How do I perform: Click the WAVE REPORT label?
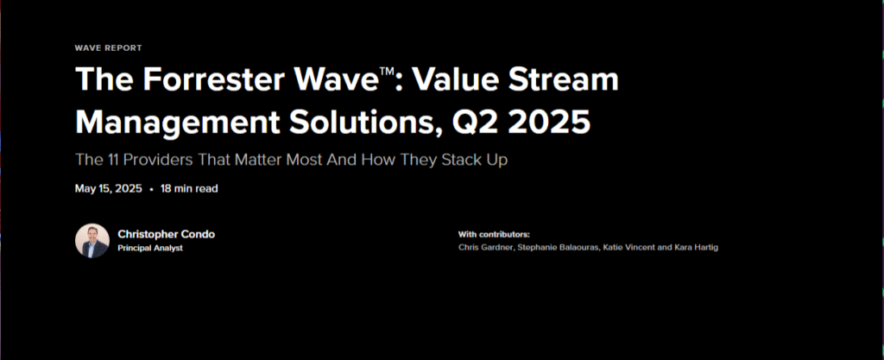click(108, 47)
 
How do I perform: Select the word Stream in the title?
click(564, 79)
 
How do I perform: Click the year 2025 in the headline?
click(549, 123)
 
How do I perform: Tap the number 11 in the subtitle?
click(112, 160)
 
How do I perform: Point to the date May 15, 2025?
click(108, 189)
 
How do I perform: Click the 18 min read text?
click(189, 189)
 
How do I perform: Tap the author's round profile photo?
click(92, 241)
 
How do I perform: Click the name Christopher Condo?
click(167, 234)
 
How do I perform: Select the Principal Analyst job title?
click(150, 248)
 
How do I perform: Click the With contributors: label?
click(494, 234)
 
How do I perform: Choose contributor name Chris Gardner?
click(485, 247)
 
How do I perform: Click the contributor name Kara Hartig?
click(697, 247)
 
